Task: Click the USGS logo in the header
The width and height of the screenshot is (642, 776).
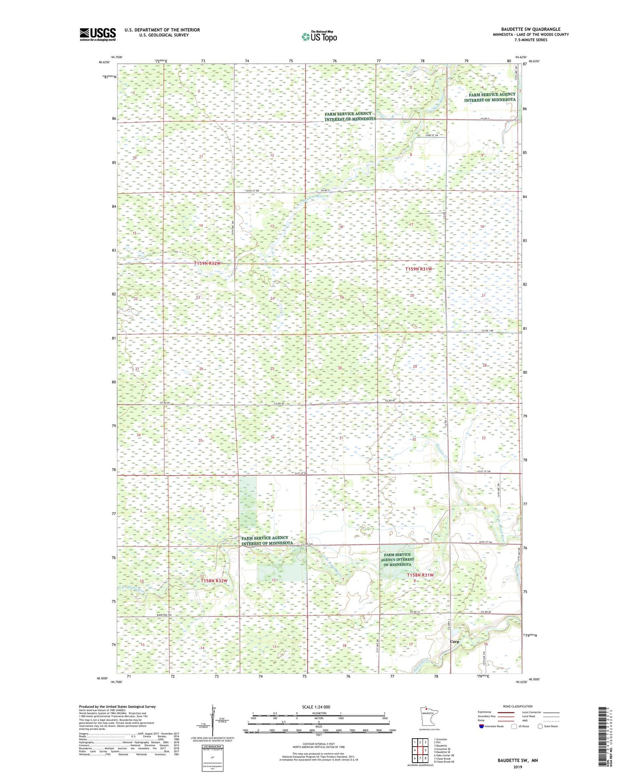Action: pyautogui.click(x=97, y=34)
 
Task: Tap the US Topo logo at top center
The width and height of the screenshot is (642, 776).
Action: pyautogui.click(x=319, y=36)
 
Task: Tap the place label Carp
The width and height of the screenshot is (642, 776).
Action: pyautogui.click(x=455, y=642)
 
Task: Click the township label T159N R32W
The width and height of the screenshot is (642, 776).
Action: pyautogui.click(x=207, y=264)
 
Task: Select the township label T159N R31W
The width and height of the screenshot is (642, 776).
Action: pyautogui.click(x=419, y=269)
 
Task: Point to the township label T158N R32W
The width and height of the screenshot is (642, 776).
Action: pyautogui.click(x=214, y=580)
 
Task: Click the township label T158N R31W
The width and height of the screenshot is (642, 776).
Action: pyautogui.click(x=420, y=575)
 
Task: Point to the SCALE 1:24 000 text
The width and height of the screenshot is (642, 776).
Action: pyautogui.click(x=316, y=707)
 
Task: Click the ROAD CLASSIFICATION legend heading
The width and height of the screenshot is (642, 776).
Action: pyautogui.click(x=518, y=706)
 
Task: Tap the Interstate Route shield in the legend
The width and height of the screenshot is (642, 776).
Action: pyautogui.click(x=482, y=726)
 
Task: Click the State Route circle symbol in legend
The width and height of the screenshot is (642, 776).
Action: pyautogui.click(x=540, y=726)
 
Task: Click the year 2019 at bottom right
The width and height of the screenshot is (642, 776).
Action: pyautogui.click(x=518, y=767)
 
